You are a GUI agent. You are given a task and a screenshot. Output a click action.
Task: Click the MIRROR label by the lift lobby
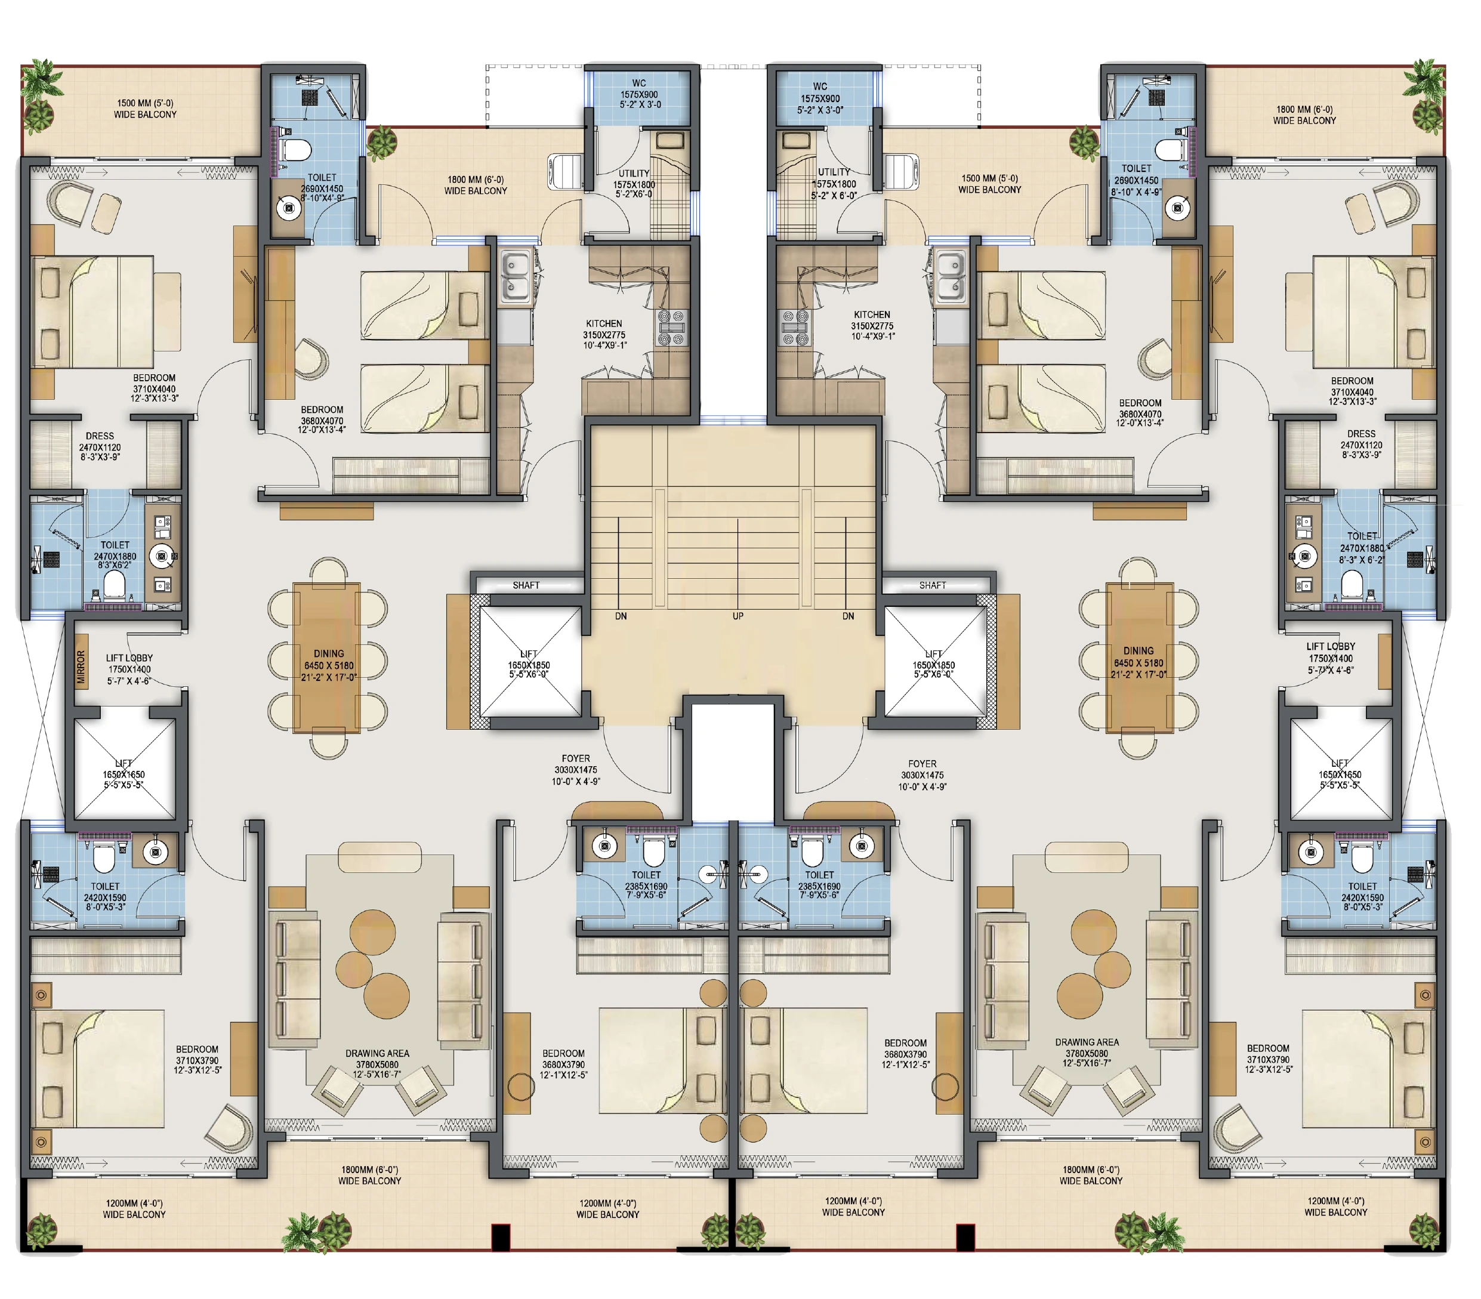click(81, 667)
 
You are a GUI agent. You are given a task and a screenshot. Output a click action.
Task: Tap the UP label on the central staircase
click(738, 616)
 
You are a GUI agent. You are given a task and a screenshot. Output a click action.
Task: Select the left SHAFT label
click(526, 585)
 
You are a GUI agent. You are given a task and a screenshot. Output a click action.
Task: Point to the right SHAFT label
click(933, 585)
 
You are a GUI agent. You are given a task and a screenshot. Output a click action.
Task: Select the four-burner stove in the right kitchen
click(794, 328)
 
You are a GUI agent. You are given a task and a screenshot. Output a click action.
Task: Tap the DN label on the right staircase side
click(849, 616)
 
